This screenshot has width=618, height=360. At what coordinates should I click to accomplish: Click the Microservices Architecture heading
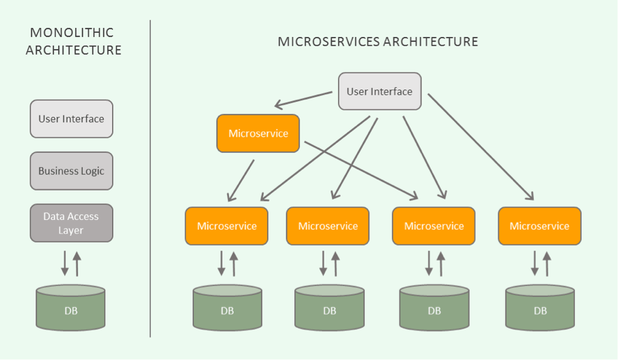click(378, 42)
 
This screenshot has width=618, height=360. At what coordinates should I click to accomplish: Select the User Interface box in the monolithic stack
click(71, 119)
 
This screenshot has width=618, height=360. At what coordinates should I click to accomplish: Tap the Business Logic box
click(71, 171)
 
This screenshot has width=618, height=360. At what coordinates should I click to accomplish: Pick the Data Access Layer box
click(71, 223)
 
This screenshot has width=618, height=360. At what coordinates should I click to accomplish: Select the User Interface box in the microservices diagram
click(380, 92)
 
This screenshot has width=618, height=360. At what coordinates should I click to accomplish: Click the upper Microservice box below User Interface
click(258, 133)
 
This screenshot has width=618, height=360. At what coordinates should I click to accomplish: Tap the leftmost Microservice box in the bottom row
click(227, 226)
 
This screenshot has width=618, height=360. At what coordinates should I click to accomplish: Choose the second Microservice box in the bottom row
click(328, 226)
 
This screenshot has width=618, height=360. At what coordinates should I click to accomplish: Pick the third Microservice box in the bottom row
click(434, 226)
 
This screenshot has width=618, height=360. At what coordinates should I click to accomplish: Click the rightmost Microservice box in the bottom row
click(539, 226)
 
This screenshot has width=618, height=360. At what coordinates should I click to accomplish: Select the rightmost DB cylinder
click(540, 309)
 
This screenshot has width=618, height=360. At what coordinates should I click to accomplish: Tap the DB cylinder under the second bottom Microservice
click(329, 309)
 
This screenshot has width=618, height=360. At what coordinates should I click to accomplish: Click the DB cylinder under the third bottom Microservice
click(434, 309)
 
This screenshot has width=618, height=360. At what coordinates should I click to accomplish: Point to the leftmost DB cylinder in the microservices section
click(227, 309)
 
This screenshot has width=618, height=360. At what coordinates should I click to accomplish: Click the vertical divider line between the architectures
click(150, 178)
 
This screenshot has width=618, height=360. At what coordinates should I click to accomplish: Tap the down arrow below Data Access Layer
click(65, 263)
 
